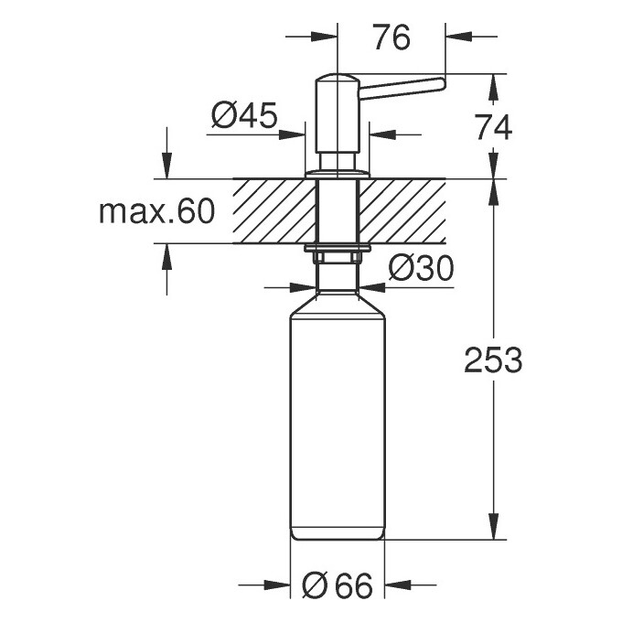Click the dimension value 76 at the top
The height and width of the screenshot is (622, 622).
click(x=391, y=38)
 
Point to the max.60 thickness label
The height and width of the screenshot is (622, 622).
click(x=156, y=212)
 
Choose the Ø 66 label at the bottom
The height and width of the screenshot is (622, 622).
click(x=337, y=585)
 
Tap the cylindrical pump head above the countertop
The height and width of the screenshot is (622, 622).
click(x=335, y=123)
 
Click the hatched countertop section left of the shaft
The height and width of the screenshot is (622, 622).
click(x=273, y=211)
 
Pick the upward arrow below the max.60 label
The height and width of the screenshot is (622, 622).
click(x=166, y=255)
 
